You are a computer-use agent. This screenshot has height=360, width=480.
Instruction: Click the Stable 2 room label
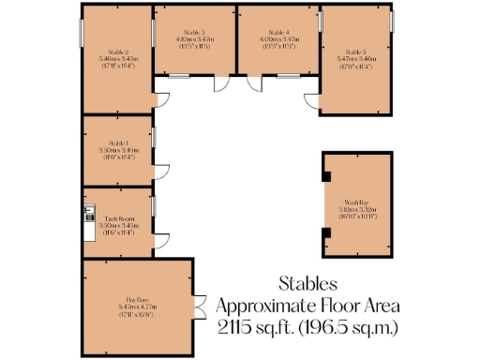(118, 52)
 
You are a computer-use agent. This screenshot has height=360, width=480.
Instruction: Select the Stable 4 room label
(279, 33)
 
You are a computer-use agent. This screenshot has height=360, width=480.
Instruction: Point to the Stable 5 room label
(356, 52)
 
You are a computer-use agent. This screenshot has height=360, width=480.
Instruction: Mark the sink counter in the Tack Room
(87, 222)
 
